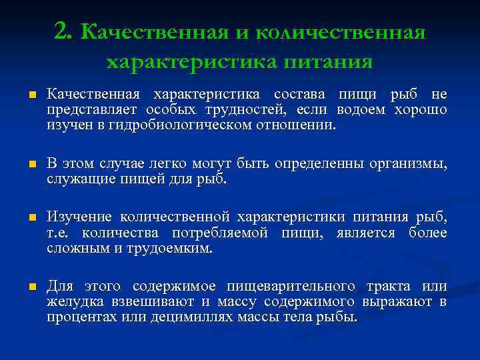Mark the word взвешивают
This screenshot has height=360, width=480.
click(x=149, y=302)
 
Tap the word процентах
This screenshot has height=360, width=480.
click(x=81, y=317)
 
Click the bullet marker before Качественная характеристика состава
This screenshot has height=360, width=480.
click(x=31, y=95)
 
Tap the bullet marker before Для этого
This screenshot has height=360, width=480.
click(x=31, y=287)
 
